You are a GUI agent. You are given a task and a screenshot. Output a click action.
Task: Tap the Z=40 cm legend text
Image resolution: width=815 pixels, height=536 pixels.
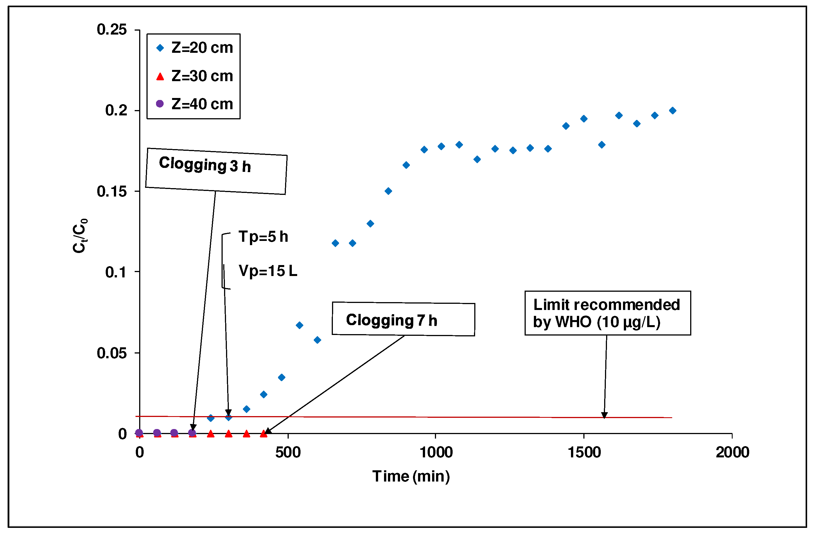pyautogui.click(x=202, y=104)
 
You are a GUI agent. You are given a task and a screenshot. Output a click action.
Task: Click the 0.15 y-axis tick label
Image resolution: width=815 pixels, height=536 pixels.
pyautogui.click(x=112, y=191)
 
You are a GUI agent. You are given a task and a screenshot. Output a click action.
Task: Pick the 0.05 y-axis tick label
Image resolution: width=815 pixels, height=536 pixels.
pyautogui.click(x=112, y=353)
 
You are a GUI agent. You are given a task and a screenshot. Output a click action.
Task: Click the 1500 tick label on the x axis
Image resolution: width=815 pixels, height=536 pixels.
pyautogui.click(x=584, y=453)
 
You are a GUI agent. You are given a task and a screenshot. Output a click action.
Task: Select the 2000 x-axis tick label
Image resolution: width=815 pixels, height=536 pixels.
pyautogui.click(x=732, y=453)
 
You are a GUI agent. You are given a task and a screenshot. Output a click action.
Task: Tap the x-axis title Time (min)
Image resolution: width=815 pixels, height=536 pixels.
pyautogui.click(x=411, y=476)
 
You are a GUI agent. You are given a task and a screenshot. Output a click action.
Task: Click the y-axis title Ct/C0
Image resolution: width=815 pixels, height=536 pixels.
pyautogui.click(x=80, y=236)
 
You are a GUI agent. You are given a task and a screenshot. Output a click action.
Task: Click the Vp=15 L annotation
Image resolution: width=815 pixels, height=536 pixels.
pyautogui.click(x=268, y=271)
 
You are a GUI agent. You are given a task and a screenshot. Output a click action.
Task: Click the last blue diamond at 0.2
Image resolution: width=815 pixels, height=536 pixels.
pyautogui.click(x=672, y=110)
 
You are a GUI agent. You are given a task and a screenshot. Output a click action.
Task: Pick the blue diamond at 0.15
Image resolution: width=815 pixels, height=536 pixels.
pyautogui.click(x=388, y=191)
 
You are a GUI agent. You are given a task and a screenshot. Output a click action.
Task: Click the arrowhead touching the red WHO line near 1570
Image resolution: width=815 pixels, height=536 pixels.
pyautogui.click(x=604, y=416)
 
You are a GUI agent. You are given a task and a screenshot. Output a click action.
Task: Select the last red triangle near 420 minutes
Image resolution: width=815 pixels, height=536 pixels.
pyautogui.click(x=263, y=434)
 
